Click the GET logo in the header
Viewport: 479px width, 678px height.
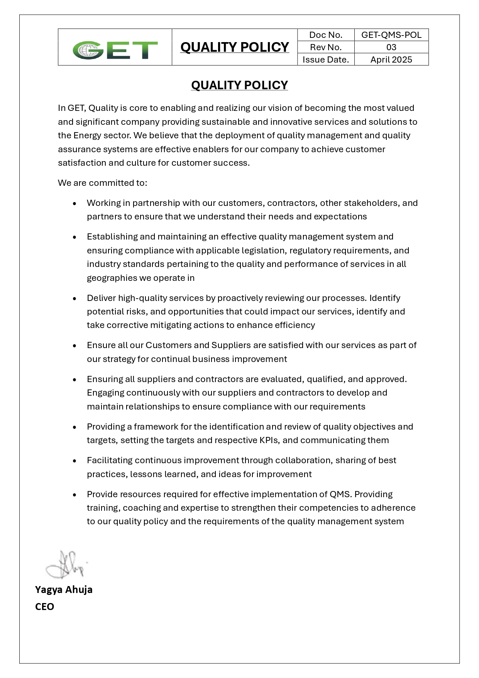tap(115, 50)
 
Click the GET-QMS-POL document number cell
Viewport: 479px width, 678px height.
tap(391, 35)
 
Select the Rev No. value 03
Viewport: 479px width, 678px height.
tap(391, 47)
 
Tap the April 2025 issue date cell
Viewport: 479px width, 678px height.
tap(391, 59)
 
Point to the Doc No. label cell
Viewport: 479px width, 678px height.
tap(326, 35)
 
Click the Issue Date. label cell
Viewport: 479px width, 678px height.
tap(326, 59)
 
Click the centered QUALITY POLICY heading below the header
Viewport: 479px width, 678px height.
tap(239, 85)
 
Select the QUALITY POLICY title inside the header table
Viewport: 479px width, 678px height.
tap(235, 47)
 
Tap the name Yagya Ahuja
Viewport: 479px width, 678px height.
tap(64, 590)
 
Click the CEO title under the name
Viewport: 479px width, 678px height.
tap(44, 607)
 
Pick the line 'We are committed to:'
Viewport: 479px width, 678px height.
tap(103, 183)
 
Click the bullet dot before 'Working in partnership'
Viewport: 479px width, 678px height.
tap(74, 203)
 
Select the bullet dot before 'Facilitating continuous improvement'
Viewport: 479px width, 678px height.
tap(74, 460)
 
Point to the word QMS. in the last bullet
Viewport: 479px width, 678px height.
tap(340, 494)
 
